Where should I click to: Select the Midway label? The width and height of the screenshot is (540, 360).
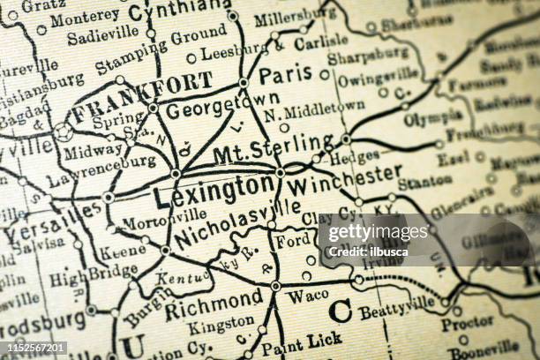tap(93, 151)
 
